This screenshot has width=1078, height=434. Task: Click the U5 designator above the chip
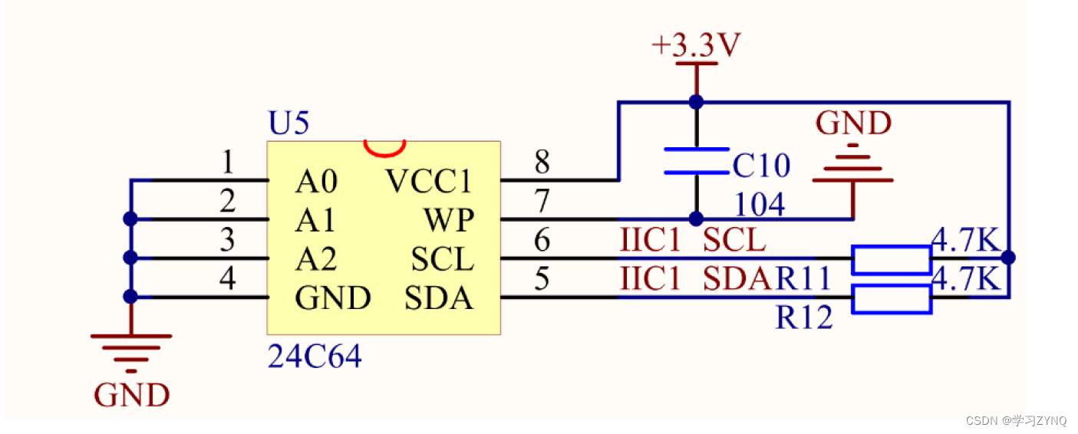coord(288,123)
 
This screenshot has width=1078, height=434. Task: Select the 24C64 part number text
coord(314,357)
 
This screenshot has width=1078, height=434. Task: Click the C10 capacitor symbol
coord(696,161)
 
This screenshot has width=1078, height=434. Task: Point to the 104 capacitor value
coord(760,205)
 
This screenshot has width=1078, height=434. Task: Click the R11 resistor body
coord(892,260)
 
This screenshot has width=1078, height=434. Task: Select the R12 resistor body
coord(892,299)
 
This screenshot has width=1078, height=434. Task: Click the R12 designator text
coord(803,317)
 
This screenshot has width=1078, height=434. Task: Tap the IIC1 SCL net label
coord(693,241)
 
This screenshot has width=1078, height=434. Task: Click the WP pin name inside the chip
coord(449,221)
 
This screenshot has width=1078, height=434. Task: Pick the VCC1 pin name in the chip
coord(428,182)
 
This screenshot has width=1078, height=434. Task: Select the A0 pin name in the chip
coord(316,182)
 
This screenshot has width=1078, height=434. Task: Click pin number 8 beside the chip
coord(542,163)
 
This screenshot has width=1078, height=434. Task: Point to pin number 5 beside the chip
coord(542,279)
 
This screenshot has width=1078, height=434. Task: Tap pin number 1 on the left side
coord(227,163)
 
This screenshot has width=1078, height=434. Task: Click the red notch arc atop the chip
coord(384,146)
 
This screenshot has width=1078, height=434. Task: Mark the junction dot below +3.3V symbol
coord(696,101)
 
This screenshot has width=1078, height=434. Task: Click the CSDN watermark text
coord(1015,420)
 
